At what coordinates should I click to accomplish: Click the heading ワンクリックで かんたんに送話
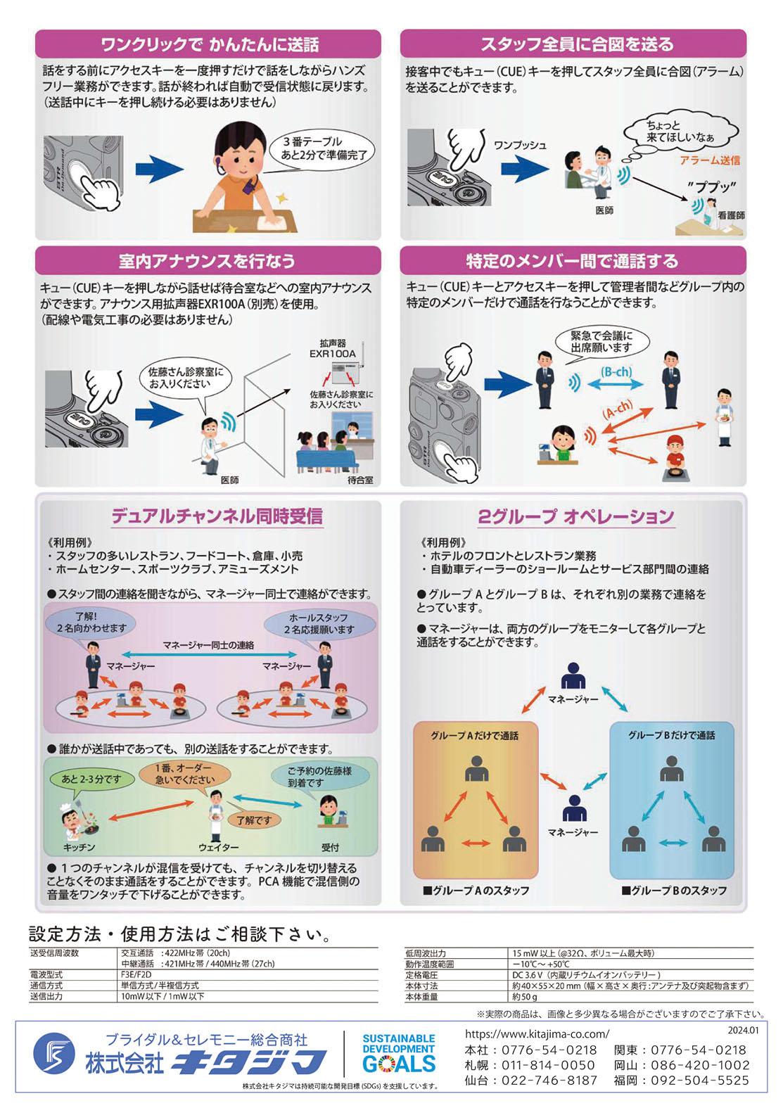pos(209,44)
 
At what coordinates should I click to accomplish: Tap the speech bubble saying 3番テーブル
pos(324,148)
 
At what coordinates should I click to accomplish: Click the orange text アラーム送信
pos(709,160)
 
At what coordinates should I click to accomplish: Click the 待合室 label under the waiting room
pos(360,480)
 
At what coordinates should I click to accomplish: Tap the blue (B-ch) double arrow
pos(617,383)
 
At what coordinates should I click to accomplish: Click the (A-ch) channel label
pos(618,409)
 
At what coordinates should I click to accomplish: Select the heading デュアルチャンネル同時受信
pos(217,516)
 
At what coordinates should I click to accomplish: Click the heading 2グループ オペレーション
pos(575,517)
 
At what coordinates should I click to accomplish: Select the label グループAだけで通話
pos(474,735)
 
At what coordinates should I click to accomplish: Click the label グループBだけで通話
pos(671,735)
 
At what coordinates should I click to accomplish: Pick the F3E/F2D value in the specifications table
pos(136,975)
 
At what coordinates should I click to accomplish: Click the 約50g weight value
pos(525,997)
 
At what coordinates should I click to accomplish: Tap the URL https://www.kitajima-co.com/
pos(537,1033)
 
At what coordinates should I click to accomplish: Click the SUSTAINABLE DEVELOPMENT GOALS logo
pos(399,1053)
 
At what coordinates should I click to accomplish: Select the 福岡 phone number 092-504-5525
pos(699,1081)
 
